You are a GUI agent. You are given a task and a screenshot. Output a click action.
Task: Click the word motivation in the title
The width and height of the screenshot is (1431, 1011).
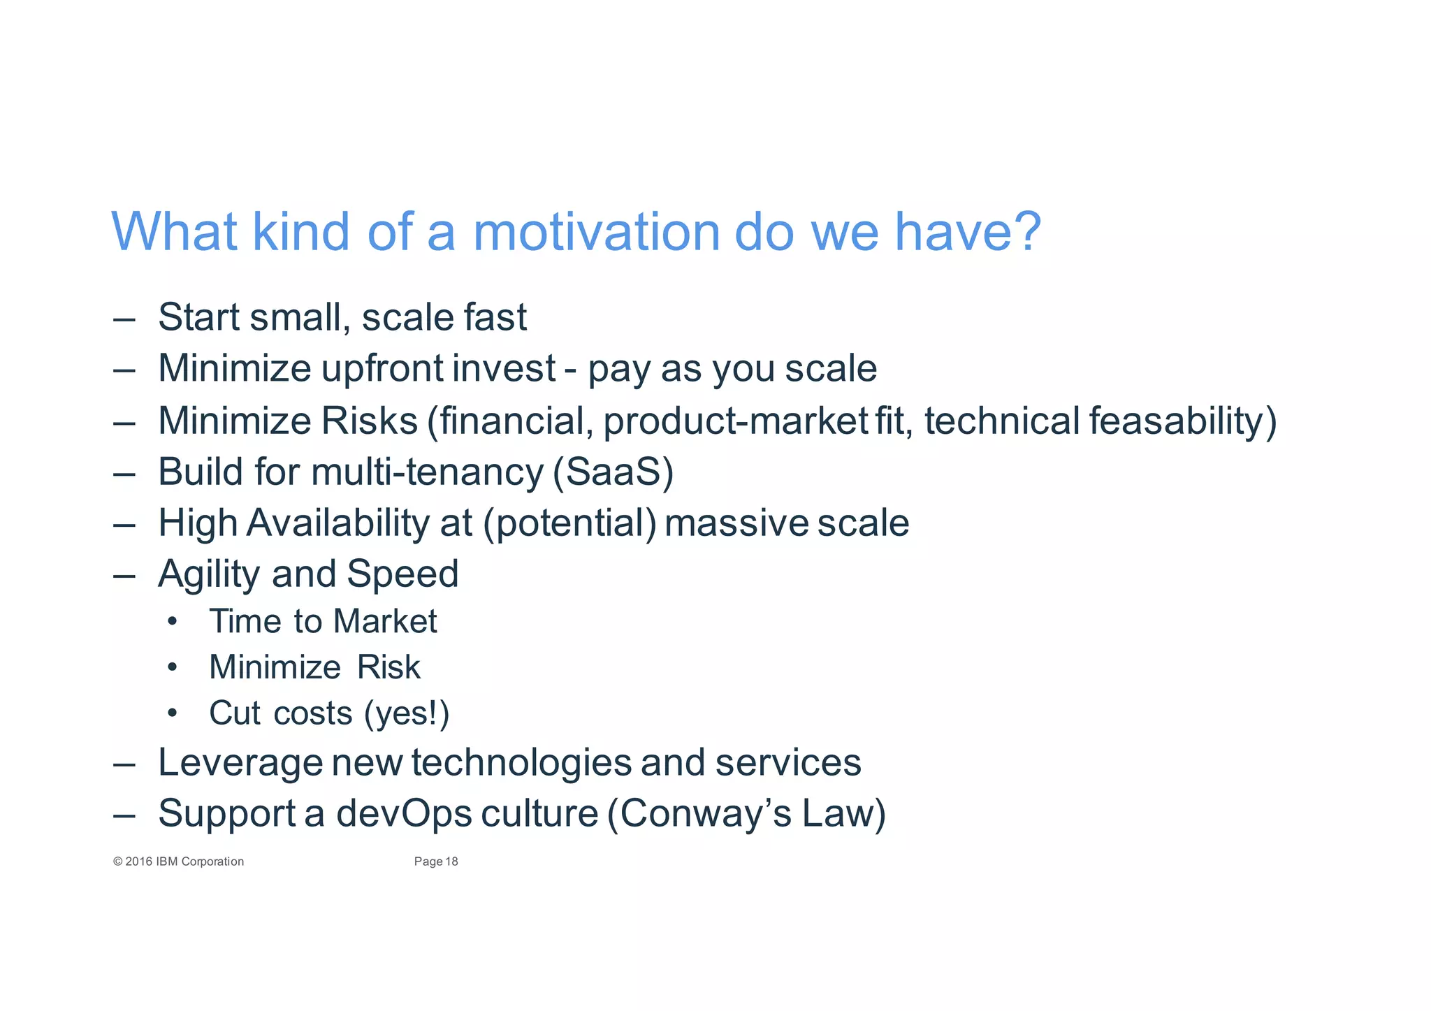(596, 232)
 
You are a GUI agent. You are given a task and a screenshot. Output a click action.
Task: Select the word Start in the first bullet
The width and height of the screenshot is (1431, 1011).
(198, 317)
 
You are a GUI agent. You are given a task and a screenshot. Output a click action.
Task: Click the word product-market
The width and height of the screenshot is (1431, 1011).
(735, 421)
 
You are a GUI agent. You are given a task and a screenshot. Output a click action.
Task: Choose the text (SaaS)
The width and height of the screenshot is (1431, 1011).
(613, 472)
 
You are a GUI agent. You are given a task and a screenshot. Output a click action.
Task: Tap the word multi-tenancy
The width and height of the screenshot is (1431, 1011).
(427, 472)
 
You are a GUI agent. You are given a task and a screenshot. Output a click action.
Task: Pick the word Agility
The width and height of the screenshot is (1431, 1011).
(209, 574)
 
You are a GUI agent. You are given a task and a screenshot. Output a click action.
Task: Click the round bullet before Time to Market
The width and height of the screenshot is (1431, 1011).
(173, 622)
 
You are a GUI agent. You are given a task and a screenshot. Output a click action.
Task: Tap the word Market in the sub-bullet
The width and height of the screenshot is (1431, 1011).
(385, 621)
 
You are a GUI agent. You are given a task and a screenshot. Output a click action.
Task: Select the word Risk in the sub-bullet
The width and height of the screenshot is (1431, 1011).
(388, 667)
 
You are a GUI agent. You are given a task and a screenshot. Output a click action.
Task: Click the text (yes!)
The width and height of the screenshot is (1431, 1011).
(407, 713)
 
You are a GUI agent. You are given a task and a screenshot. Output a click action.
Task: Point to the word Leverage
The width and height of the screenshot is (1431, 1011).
(240, 762)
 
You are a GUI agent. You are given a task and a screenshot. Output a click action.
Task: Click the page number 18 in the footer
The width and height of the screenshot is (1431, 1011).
(451, 861)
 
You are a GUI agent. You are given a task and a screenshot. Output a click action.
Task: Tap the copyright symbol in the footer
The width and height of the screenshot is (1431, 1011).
(117, 861)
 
